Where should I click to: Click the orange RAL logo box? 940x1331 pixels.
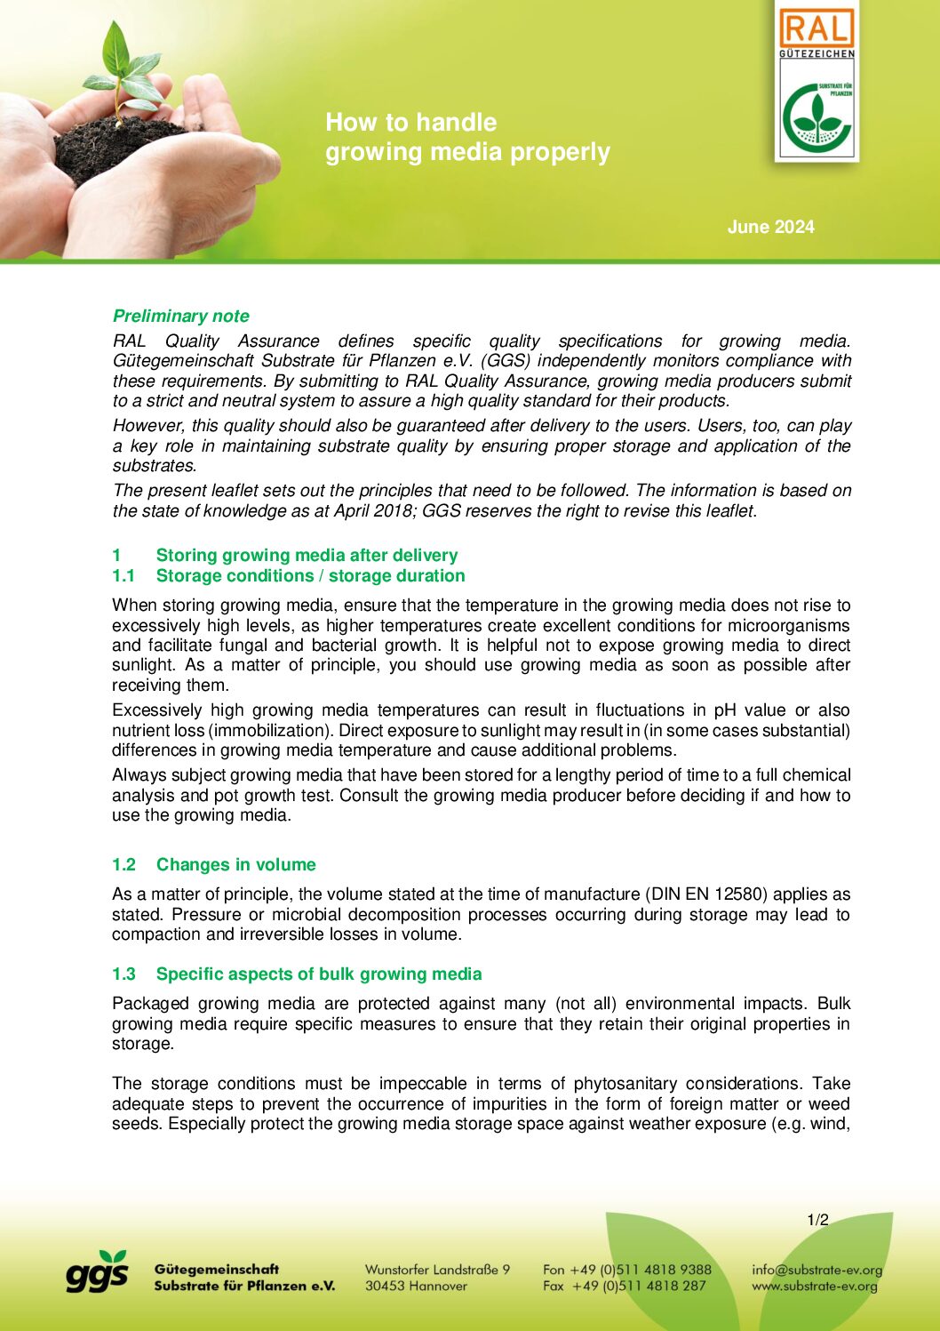pos(817,29)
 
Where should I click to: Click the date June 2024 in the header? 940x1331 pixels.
pos(770,227)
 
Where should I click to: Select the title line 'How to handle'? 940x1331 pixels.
pos(410,122)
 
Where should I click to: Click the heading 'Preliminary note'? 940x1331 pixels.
pos(180,316)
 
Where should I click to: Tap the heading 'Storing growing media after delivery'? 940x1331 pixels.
pos(307,555)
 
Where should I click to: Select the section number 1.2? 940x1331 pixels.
pos(123,864)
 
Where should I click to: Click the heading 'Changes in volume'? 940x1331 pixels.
pos(235,864)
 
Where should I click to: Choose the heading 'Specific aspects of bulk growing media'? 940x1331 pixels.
pos(318,974)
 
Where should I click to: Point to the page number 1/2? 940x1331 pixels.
pos(817,1220)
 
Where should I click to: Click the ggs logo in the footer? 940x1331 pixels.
pos(97,1272)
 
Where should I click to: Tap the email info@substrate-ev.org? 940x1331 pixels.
pos(817,1270)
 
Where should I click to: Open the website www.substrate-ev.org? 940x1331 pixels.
pos(814,1286)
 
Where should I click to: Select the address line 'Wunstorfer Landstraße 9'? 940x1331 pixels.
pos(437,1270)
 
